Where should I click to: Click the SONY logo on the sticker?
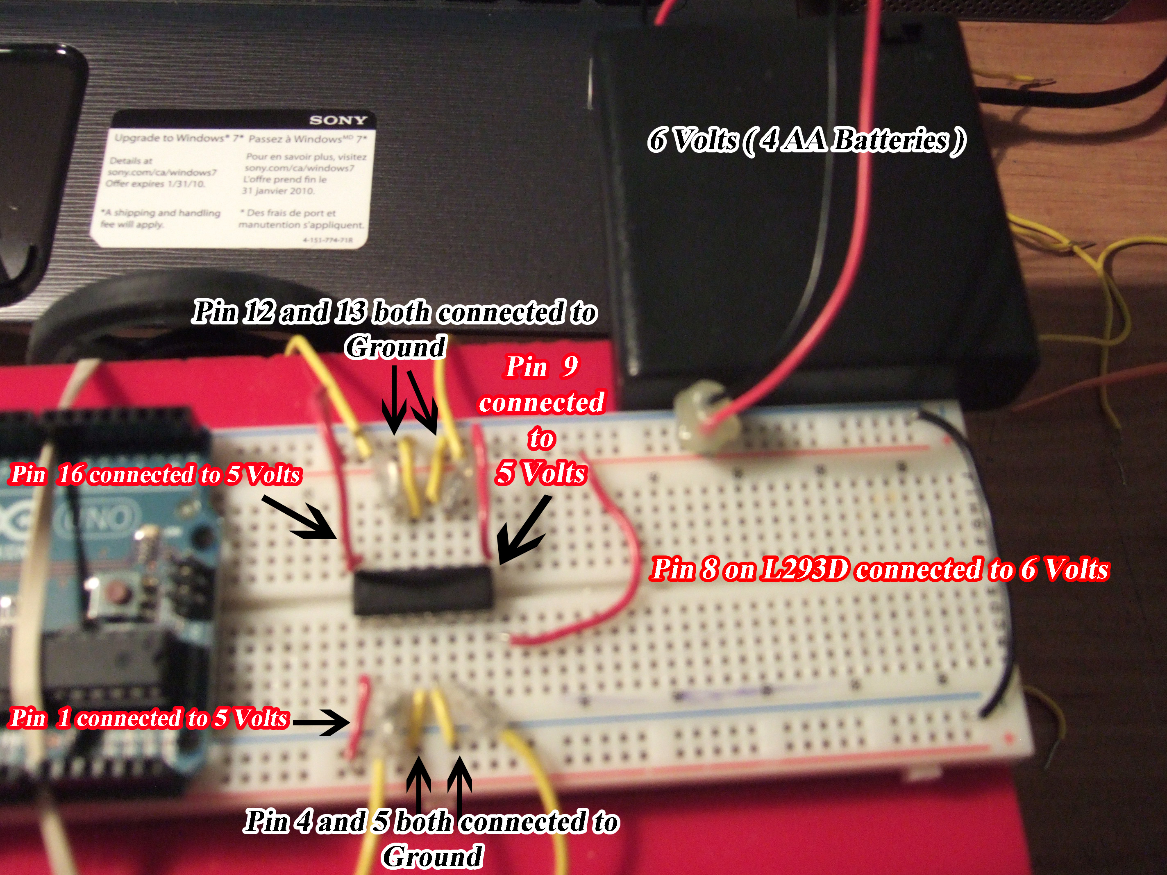coord(338,120)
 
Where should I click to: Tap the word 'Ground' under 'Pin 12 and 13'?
coord(395,347)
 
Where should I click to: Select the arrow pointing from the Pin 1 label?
coord(320,721)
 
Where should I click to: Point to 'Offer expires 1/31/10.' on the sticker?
coord(155,184)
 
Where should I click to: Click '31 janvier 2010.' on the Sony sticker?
coord(278,191)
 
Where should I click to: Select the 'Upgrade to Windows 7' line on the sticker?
coord(178,138)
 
